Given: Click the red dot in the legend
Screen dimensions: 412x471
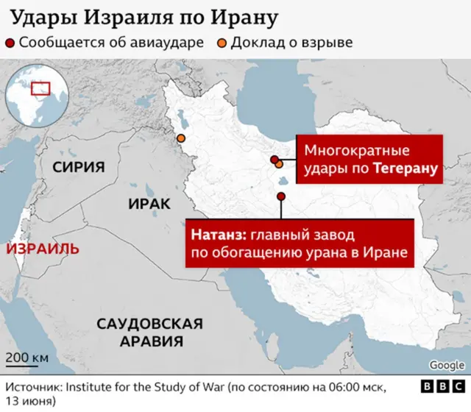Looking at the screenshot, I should coord(10,42).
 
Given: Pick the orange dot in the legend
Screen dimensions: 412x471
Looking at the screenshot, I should coord(221,42).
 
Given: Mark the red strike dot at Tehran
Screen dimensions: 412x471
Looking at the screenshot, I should coord(275,160).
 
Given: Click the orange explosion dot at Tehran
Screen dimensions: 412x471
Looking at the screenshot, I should coord(280,165).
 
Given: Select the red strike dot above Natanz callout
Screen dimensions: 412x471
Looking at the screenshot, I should coord(281,196).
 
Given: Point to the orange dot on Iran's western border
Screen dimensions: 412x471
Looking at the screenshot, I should coord(180,138).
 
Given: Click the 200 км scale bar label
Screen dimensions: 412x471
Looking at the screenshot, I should coord(27,358).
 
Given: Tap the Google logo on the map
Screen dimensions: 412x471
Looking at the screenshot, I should coord(447,365).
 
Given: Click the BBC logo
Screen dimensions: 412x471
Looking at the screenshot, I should coord(442,386).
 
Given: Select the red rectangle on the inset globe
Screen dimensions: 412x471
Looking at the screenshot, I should coord(40,88).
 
